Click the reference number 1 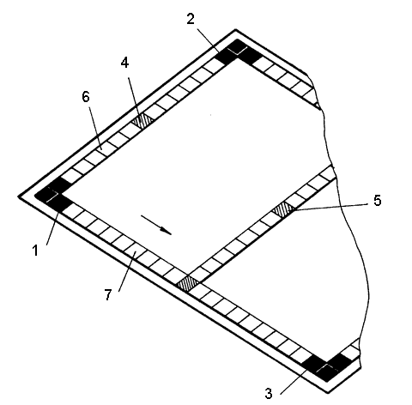(35, 251)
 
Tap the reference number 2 (191, 19)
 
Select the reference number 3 (269, 394)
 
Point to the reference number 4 (124, 63)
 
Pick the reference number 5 (378, 201)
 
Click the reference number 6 (86, 97)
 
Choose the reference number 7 (107, 294)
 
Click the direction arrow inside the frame (156, 225)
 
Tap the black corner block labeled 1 (53, 195)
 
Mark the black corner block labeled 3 (327, 367)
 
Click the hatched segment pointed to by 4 (142, 120)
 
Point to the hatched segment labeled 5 (283, 209)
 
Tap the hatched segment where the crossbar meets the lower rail (188, 284)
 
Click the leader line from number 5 (330, 208)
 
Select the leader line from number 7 (127, 270)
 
